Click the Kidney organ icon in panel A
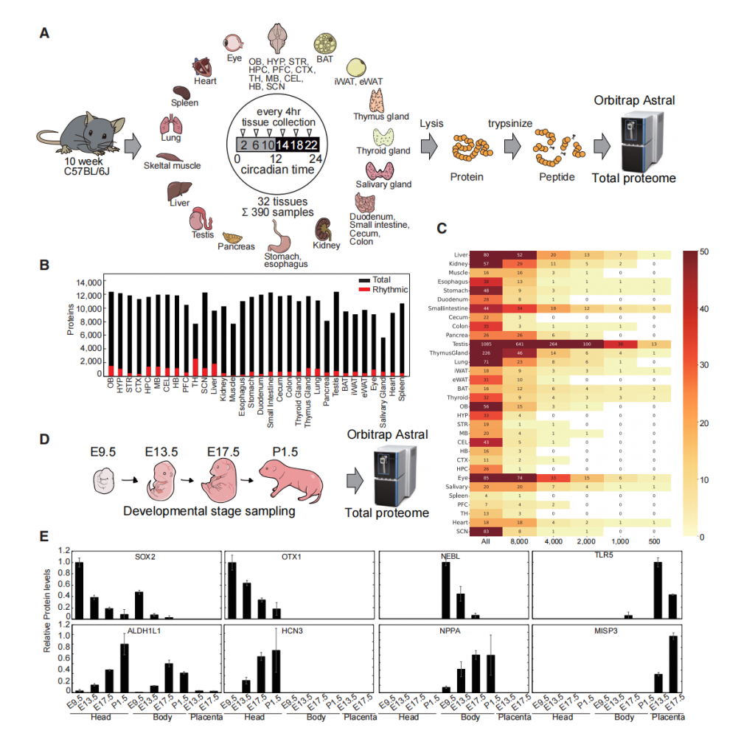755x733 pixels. tap(323, 230)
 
